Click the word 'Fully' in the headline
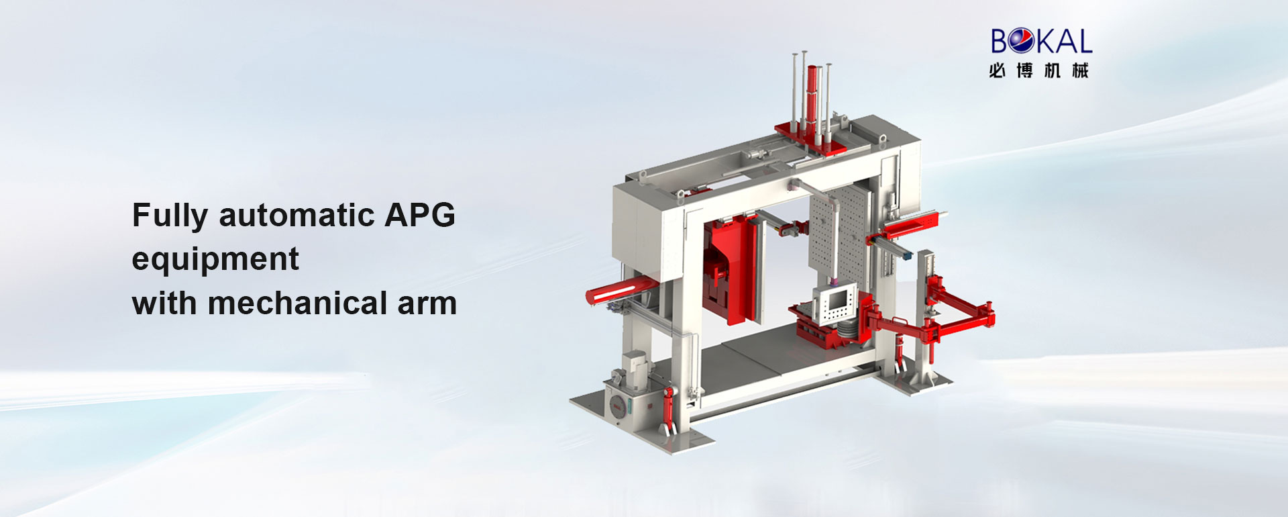[x=170, y=216]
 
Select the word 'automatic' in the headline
[x=297, y=216]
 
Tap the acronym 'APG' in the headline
[x=420, y=215]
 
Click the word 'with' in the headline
[x=164, y=303]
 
